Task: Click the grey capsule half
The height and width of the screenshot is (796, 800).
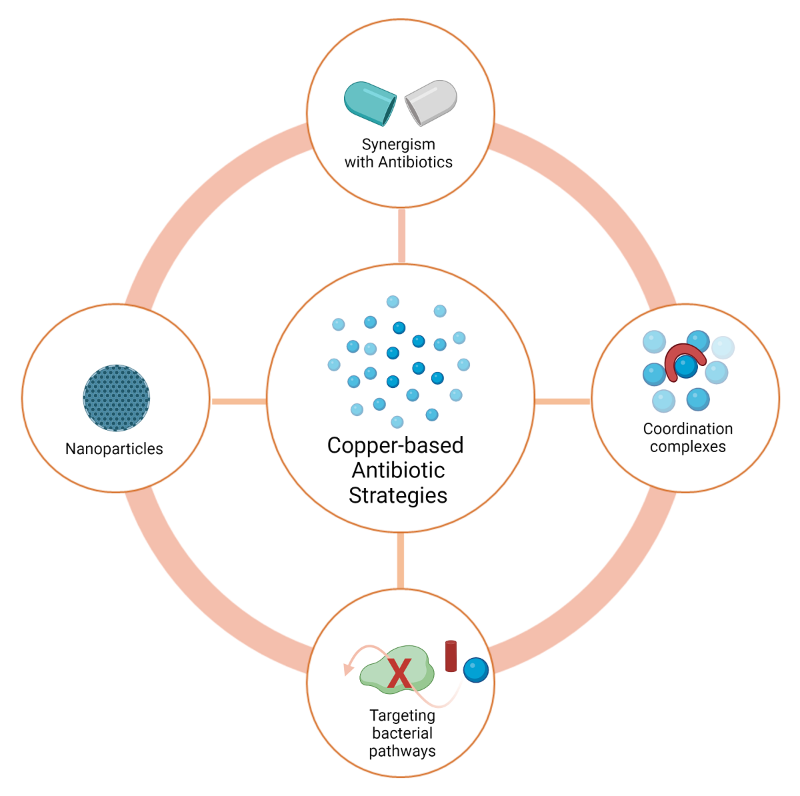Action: pyautogui.click(x=431, y=102)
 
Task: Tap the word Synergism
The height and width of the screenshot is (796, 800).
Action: pyautogui.click(x=398, y=145)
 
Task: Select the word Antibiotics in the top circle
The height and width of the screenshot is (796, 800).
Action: pyautogui.click(x=415, y=162)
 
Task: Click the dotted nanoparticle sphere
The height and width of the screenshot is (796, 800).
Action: pyautogui.click(x=117, y=398)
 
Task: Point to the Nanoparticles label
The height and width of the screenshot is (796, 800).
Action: pyautogui.click(x=114, y=449)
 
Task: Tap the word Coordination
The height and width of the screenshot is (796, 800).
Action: pyautogui.click(x=687, y=429)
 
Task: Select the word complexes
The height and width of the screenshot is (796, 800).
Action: pyautogui.click(x=687, y=447)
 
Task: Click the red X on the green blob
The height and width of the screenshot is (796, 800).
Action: pyautogui.click(x=399, y=673)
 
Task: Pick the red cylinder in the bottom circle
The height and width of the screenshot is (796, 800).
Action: pyautogui.click(x=451, y=656)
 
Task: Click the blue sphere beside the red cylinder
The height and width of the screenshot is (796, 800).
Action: pyautogui.click(x=476, y=670)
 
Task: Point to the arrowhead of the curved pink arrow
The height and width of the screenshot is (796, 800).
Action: pyautogui.click(x=347, y=669)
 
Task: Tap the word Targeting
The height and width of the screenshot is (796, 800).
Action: pyautogui.click(x=402, y=715)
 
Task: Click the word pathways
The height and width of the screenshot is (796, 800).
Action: pyautogui.click(x=402, y=751)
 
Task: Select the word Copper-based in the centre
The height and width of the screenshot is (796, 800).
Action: pyautogui.click(x=395, y=445)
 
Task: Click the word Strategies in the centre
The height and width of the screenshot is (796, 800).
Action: pyautogui.click(x=398, y=495)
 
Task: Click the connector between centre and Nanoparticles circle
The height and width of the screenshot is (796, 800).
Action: pyautogui.click(x=239, y=401)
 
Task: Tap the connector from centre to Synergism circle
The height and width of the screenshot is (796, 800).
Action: pyautogui.click(x=401, y=236)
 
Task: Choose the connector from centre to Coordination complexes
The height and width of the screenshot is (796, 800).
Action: pyautogui.click(x=563, y=401)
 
